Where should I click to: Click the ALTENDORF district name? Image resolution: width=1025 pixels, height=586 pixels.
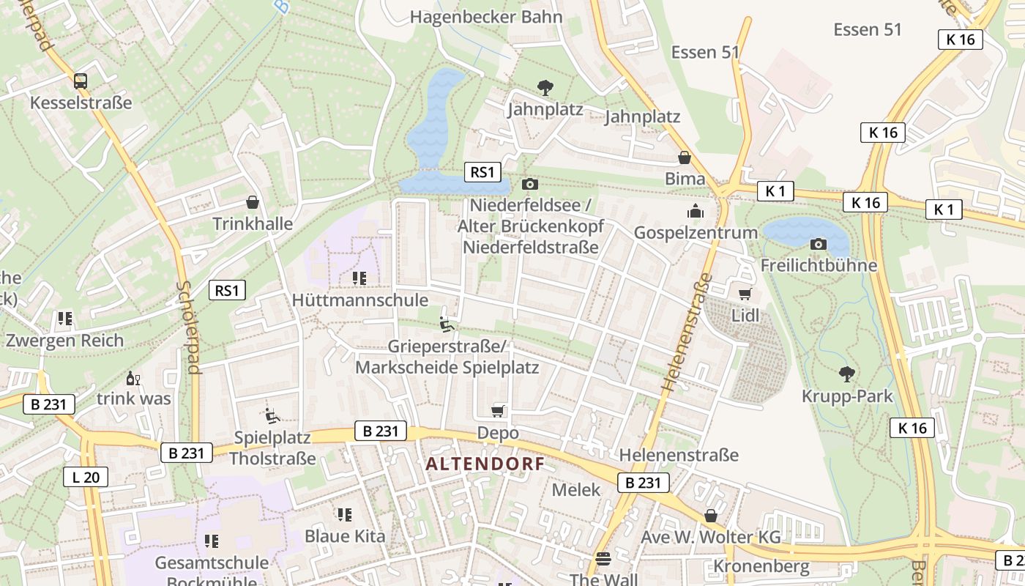pos(485,464)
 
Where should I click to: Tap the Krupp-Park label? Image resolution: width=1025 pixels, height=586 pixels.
pos(847,396)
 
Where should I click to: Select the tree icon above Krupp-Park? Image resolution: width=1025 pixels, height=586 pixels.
pos(847,374)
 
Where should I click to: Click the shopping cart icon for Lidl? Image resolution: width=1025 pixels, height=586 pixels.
pos(745,294)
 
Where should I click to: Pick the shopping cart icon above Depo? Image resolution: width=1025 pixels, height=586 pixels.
pos(498,411)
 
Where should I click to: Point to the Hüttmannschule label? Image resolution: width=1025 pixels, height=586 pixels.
pos(359,300)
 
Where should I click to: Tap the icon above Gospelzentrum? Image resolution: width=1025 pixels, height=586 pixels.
pos(695,212)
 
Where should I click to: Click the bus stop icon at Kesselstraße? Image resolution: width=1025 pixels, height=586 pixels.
pos(81,81)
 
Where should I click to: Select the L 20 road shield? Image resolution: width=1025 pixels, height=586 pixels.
pos(86,477)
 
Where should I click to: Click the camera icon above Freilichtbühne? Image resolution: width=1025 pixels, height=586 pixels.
pos(819,244)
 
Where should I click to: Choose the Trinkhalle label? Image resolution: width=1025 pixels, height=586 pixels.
pos(253,223)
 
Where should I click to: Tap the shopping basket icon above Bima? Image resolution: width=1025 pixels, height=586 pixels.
pos(685,157)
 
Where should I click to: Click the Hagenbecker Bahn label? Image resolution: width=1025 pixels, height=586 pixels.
pos(486,17)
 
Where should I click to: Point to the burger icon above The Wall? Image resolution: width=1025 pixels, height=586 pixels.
pos(603,559)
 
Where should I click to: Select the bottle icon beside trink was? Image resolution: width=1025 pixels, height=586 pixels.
pos(133,378)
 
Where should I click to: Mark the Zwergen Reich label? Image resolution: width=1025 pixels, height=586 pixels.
pos(64,340)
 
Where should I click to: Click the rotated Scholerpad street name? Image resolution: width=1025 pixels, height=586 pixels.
pos(189,327)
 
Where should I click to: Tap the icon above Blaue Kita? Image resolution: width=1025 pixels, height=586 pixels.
pos(344,515)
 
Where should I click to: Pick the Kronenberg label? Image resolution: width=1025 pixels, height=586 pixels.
pos(761,566)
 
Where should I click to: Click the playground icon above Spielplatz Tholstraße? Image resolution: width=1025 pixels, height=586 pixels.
pos(272,416)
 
